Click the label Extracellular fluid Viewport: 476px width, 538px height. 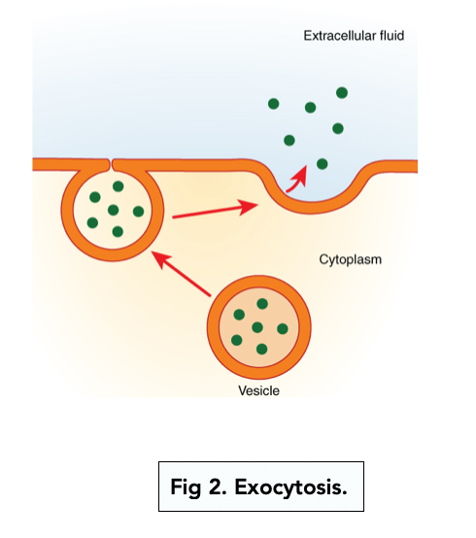[353, 36]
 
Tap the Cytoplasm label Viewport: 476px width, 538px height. [353, 259]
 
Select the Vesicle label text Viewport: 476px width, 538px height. [258, 391]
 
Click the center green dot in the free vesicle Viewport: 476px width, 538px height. [257, 327]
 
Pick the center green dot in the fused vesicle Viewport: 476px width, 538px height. [114, 210]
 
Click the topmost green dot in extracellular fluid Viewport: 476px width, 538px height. [342, 92]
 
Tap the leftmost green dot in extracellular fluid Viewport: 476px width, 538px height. [274, 103]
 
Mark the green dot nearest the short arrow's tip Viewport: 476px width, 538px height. [323, 163]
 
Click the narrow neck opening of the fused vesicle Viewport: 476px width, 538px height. [114, 162]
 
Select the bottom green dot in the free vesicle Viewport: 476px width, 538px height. [260, 349]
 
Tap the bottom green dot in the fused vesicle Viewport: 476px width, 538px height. [118, 231]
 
